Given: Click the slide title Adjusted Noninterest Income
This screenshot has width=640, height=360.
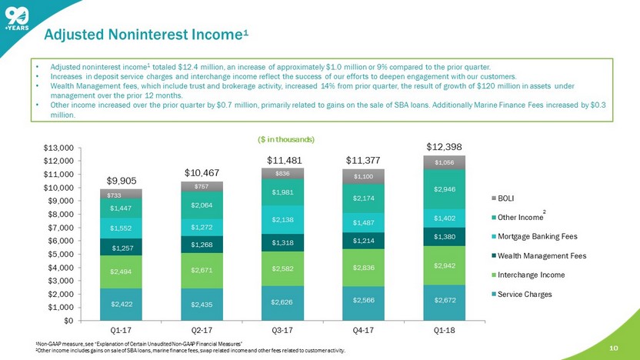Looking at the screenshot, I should coord(145,35).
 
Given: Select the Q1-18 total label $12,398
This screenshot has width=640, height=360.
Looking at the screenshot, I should coord(445,146).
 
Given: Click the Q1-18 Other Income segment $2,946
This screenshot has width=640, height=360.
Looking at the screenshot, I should coord(445,189).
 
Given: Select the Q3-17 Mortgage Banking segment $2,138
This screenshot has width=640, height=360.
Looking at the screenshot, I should coord(282,219).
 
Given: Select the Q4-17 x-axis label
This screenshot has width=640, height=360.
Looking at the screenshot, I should coord(363,330).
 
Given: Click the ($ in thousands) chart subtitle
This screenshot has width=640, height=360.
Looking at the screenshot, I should coord(283,139).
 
